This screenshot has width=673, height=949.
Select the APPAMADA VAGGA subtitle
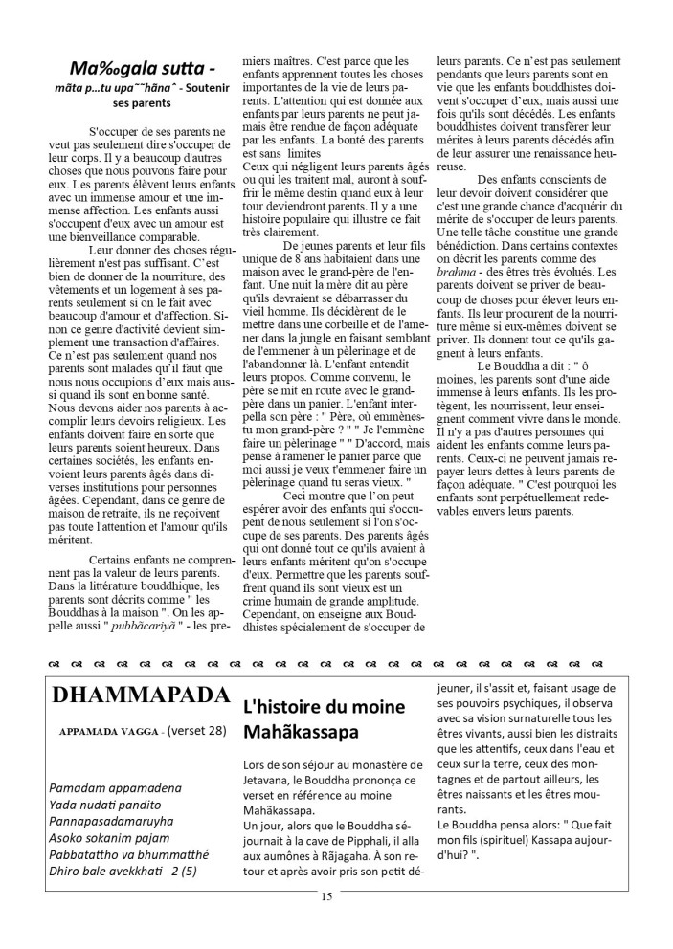[106, 731]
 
